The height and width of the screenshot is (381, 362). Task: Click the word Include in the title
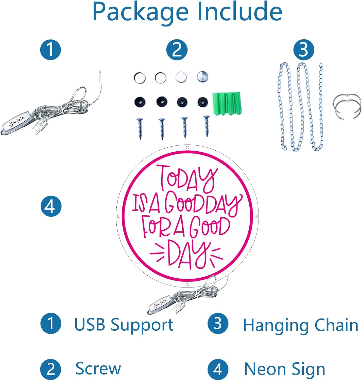click(x=240, y=11)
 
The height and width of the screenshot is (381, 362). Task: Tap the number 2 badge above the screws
click(x=177, y=50)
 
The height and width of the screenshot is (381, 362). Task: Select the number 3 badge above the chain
click(x=304, y=50)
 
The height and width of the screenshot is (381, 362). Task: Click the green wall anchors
click(x=227, y=103)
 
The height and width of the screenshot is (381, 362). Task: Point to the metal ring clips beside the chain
click(x=347, y=106)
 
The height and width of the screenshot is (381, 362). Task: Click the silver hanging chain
click(x=301, y=107)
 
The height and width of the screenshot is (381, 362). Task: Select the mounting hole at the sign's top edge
click(x=187, y=148)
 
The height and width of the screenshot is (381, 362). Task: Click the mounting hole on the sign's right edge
click(x=256, y=216)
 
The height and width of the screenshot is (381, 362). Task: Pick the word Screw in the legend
click(x=98, y=368)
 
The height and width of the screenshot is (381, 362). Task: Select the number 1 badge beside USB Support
click(x=51, y=323)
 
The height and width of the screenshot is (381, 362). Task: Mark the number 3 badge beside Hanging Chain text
click(x=218, y=323)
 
